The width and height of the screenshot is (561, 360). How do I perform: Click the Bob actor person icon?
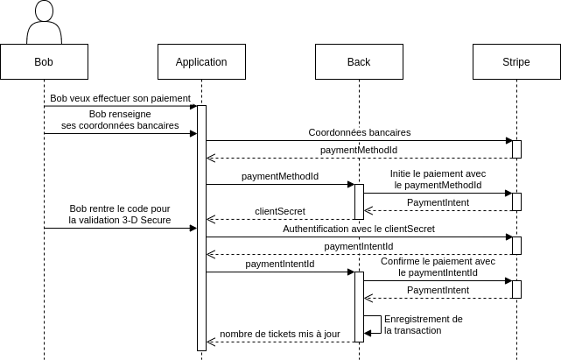(x=44, y=25)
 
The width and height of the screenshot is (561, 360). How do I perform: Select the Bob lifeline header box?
(x=44, y=62)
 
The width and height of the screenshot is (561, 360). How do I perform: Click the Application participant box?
(x=201, y=62)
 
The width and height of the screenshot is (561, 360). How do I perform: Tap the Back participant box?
(x=359, y=62)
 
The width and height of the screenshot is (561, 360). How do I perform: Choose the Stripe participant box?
(x=516, y=62)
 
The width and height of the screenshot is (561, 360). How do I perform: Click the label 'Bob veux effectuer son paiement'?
(x=121, y=98)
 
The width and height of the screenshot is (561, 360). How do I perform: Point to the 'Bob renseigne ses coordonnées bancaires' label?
(x=121, y=120)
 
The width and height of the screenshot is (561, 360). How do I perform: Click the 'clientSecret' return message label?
(x=280, y=211)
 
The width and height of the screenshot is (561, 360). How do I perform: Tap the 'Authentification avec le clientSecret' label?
(x=359, y=229)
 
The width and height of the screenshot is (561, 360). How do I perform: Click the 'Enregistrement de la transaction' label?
(x=424, y=324)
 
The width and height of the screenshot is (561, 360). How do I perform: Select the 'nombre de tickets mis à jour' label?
(x=280, y=334)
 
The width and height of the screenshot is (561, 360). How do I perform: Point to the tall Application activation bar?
(x=201, y=228)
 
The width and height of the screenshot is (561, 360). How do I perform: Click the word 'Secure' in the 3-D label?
(x=155, y=221)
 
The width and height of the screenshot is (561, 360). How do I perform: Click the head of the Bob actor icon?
(x=44, y=11)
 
